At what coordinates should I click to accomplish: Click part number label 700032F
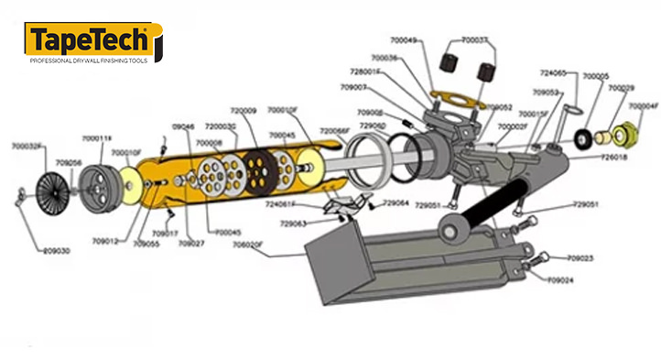pos(27,146)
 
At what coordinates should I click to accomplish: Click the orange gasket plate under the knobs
pos(455,103)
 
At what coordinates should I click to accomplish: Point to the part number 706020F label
pos(249,245)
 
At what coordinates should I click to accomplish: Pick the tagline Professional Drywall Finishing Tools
pos(89,60)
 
